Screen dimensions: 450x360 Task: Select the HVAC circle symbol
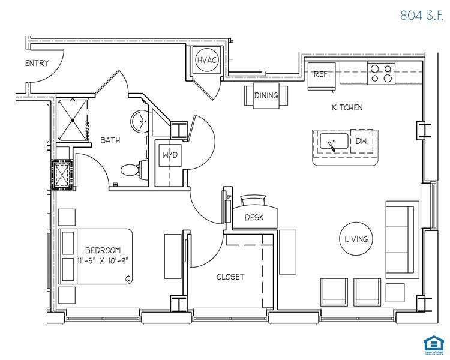[x=207, y=60]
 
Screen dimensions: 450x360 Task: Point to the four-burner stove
[x=382, y=73]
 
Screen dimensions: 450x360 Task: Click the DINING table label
[x=266, y=96]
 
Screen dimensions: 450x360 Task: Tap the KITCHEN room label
[x=347, y=108]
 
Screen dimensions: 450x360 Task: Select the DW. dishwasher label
[x=362, y=142]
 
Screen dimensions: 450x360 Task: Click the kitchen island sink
[x=331, y=142]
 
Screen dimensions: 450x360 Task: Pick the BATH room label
[x=110, y=140]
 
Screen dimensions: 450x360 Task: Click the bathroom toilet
[x=130, y=170]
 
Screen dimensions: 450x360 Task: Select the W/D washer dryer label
[x=170, y=156]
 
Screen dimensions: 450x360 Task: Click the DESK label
[x=254, y=218]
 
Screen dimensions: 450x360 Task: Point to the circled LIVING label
[x=356, y=239]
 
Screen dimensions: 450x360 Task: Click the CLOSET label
[x=230, y=277]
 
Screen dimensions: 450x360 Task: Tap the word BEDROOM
[x=103, y=250]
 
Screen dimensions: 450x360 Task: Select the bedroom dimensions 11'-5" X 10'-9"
[x=103, y=260]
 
